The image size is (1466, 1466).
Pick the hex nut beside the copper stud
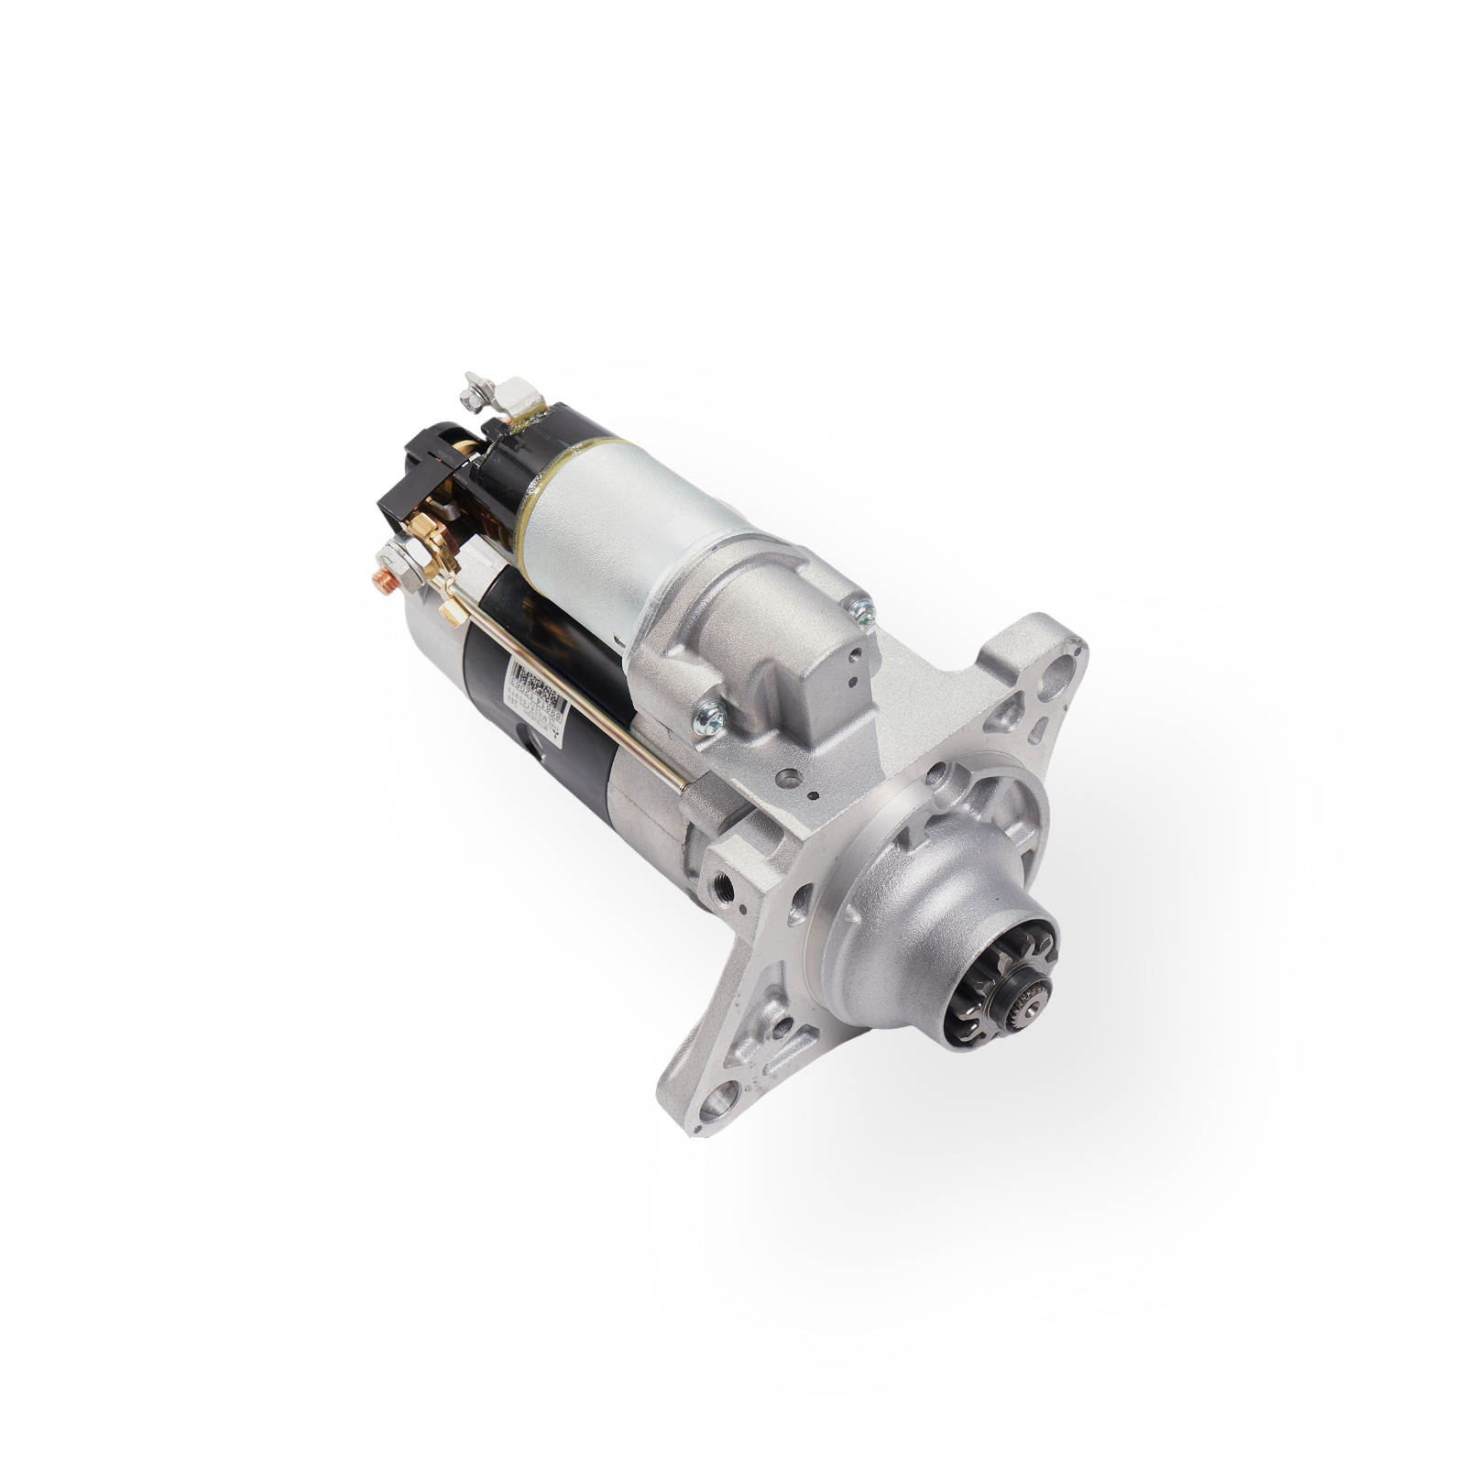pos(398,556)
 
